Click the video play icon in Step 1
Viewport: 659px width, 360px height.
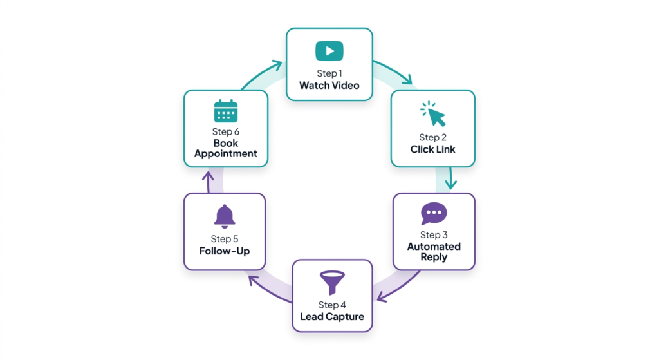(329, 51)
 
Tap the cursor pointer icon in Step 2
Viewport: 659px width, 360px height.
(434, 114)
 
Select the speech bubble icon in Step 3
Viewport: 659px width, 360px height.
(434, 213)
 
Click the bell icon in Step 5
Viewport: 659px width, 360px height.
(225, 217)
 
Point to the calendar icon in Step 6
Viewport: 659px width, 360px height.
(226, 111)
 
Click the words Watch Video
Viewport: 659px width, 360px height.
(329, 85)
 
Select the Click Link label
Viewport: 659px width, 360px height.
(433, 149)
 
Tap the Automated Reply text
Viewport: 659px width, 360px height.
(434, 252)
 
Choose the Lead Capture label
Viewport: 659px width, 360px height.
(332, 317)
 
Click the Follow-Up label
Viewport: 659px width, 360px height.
(225, 251)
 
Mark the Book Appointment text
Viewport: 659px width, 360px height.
(226, 149)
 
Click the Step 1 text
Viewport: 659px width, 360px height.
(329, 73)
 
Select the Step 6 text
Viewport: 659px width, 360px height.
(226, 132)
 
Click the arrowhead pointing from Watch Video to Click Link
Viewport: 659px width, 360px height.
(407, 81)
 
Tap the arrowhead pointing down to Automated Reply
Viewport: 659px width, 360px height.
(451, 185)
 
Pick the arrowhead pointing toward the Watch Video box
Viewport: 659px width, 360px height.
(276, 65)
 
